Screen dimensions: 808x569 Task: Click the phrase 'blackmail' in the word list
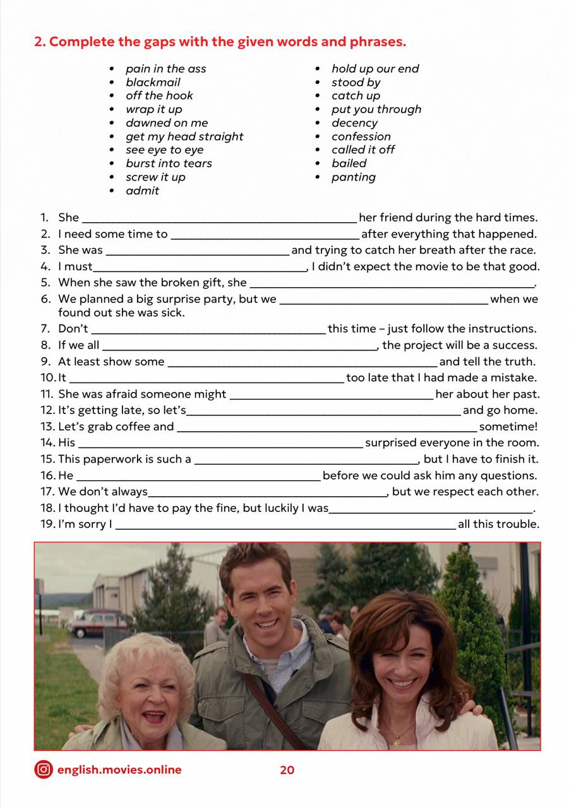tap(153, 82)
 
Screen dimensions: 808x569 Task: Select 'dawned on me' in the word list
tap(167, 123)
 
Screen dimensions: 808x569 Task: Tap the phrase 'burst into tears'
tap(169, 163)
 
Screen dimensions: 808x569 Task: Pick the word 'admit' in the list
tap(142, 191)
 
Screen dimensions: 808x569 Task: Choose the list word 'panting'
tap(353, 177)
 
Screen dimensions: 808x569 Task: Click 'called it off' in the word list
tap(363, 150)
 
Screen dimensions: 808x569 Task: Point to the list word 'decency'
tap(354, 123)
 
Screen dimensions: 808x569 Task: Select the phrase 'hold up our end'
tap(375, 69)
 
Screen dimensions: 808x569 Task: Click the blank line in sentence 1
tap(219, 219)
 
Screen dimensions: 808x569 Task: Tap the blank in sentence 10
tap(206, 379)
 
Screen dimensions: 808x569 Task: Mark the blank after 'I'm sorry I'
tap(285, 526)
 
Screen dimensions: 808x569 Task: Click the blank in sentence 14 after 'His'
tap(220, 444)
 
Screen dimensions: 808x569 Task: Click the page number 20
tap(287, 770)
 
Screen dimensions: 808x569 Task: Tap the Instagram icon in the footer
tap(44, 769)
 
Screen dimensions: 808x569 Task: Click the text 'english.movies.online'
tap(119, 769)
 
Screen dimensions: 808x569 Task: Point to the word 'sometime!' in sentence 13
tap(508, 427)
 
